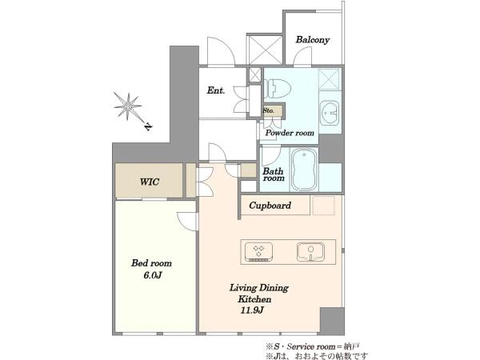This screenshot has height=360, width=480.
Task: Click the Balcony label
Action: click(313, 40)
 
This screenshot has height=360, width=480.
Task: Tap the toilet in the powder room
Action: click(277, 89)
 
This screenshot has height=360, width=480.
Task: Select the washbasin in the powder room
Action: click(330, 113)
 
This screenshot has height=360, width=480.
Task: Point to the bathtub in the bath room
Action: click(304, 170)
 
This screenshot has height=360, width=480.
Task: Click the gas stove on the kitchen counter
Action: click(258, 252)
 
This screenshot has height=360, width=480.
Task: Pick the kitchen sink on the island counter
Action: click(310, 252)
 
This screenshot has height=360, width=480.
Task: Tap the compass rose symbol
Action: click(128, 106)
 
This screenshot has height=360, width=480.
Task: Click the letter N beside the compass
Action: click(148, 126)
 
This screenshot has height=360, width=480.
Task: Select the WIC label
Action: click(150, 182)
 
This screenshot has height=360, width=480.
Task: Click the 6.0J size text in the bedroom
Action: click(152, 275)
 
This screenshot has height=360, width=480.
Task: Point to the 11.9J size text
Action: click(252, 310)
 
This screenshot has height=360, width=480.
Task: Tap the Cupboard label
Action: click(270, 206)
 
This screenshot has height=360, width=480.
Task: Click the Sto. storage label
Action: click(269, 110)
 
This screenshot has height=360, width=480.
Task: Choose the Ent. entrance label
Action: click(216, 90)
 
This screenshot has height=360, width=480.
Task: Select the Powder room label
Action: click(290, 133)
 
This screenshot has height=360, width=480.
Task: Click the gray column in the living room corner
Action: click(332, 321)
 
